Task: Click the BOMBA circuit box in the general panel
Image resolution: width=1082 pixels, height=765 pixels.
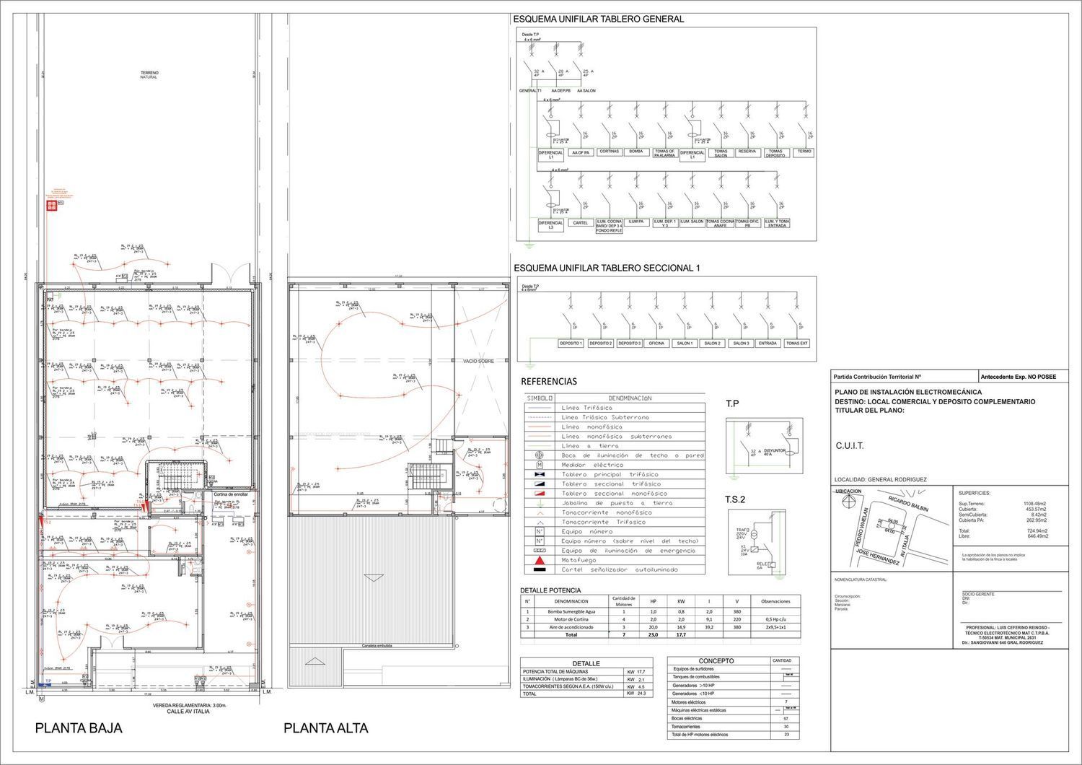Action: tap(635, 152)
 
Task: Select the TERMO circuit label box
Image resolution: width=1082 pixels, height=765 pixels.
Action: tap(804, 152)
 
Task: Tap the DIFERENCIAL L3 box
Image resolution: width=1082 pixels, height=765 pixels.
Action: tap(551, 225)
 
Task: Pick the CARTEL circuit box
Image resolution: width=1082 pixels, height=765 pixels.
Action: tap(580, 223)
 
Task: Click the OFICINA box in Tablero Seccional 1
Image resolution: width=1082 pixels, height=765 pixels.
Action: tap(656, 344)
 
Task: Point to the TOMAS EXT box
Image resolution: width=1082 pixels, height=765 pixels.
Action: tap(796, 344)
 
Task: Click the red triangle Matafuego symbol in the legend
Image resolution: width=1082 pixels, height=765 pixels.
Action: tap(539, 560)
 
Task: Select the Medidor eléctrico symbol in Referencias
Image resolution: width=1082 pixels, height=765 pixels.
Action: tap(539, 465)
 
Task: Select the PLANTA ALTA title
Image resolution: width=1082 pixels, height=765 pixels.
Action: tap(325, 728)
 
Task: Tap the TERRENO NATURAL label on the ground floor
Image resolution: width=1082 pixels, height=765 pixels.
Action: tap(149, 75)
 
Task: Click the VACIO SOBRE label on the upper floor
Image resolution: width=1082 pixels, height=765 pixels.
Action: tap(478, 361)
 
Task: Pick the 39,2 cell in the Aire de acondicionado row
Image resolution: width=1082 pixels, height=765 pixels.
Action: tap(709, 627)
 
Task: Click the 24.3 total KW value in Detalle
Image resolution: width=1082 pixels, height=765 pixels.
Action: tap(641, 694)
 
